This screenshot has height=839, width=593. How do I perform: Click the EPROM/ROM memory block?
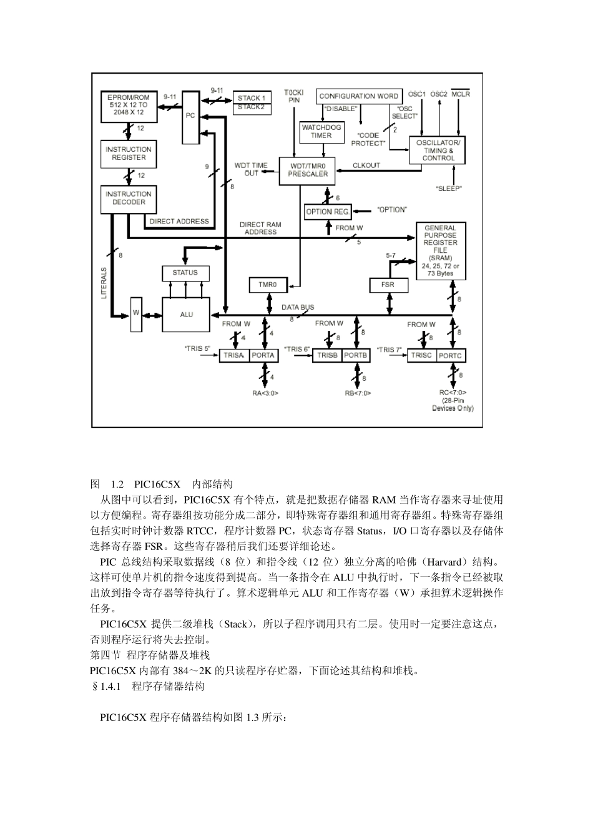tap(129, 105)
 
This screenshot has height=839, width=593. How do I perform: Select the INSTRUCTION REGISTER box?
tap(129, 154)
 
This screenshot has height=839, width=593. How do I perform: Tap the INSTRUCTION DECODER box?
tap(129, 199)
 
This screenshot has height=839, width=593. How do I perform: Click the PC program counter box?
tap(190, 116)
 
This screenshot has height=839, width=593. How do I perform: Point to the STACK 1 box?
tap(252, 98)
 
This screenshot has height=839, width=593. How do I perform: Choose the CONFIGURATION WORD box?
tap(358, 96)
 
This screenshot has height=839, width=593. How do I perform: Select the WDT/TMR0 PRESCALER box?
tap(308, 170)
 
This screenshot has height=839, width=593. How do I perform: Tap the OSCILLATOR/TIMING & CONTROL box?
tap(438, 150)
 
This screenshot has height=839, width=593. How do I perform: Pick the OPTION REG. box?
tap(328, 212)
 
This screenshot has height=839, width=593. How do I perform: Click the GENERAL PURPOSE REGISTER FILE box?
tap(441, 251)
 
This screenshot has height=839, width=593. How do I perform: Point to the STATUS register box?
tap(185, 273)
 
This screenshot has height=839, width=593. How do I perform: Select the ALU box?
tap(186, 315)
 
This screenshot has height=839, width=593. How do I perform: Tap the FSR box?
tap(390, 285)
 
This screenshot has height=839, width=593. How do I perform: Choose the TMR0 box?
tap(268, 285)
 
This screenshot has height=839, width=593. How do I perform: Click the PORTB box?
tap(356, 355)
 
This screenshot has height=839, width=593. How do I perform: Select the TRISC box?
tap(421, 355)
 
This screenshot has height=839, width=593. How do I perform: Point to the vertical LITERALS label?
tap(104, 283)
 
